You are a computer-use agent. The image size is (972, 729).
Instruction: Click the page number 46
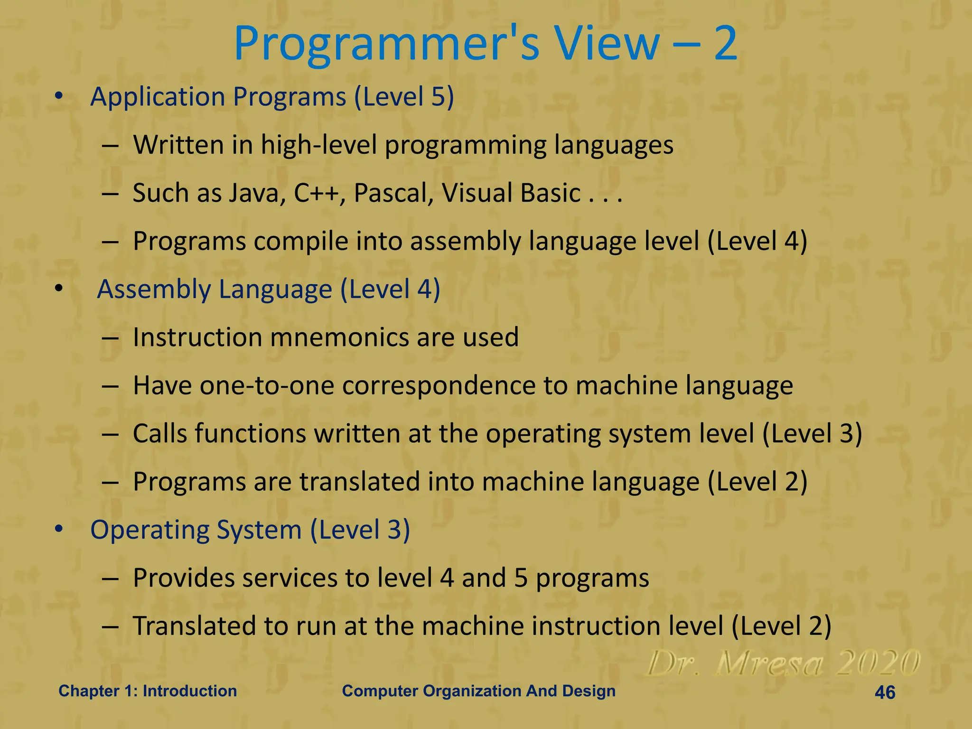885,692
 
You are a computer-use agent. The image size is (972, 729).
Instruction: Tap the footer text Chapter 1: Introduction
148,691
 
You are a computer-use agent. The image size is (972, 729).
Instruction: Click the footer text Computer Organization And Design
478,691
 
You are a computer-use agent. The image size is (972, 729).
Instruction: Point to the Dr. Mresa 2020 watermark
783,663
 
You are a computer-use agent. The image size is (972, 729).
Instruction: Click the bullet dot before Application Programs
58,96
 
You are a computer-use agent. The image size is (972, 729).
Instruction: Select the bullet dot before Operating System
58,529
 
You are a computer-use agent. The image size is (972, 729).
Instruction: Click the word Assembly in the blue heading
154,290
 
